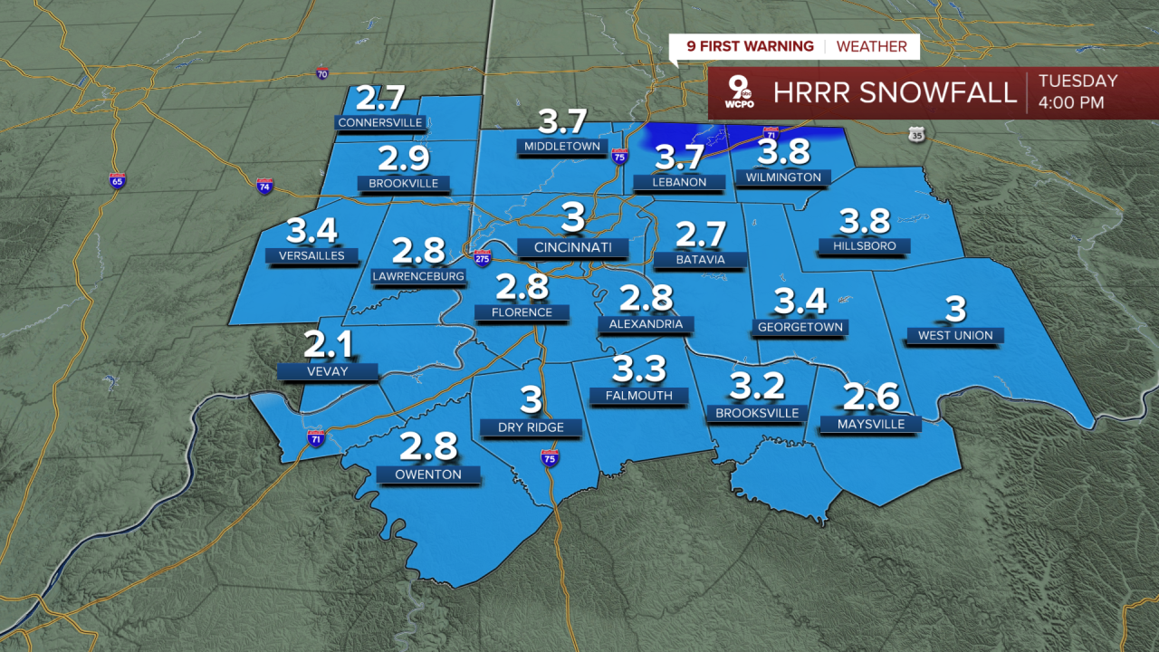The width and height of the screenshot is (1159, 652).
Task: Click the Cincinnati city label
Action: (x=573, y=247)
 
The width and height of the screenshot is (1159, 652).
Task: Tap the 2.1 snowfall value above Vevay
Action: (x=327, y=344)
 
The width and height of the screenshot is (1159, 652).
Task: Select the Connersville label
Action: (x=380, y=122)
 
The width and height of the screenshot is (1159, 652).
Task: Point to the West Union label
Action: (x=955, y=336)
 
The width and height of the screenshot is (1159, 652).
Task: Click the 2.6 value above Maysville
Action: (x=870, y=397)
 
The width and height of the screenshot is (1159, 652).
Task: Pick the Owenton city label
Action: (x=429, y=475)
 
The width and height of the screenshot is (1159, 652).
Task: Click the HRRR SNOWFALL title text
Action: (x=895, y=92)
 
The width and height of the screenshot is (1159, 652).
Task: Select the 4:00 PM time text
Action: (x=1071, y=102)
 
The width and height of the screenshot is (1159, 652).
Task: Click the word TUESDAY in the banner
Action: (x=1078, y=81)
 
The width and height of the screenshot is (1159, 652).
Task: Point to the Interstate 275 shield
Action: (x=482, y=257)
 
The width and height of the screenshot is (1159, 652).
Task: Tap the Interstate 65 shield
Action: (x=117, y=180)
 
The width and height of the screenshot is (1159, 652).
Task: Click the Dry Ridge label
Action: (x=531, y=427)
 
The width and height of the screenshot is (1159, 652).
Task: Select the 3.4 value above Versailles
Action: (x=311, y=230)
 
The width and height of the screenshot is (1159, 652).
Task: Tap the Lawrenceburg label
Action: (x=418, y=276)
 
